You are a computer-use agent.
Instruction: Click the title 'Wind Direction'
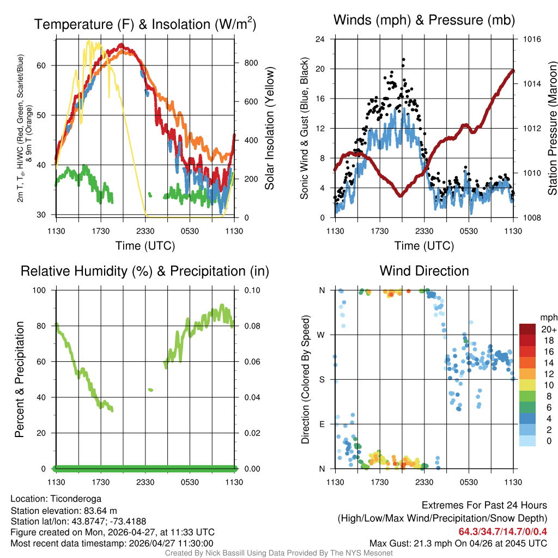coord(424,271)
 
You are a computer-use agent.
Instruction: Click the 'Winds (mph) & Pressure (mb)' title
coord(424,21)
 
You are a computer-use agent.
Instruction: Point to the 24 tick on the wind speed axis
coord(320,39)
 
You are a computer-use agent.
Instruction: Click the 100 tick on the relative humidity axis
coord(43,290)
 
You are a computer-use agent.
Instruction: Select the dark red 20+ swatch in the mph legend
coord(527,329)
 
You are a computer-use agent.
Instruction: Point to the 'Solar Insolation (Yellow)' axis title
coord(270,129)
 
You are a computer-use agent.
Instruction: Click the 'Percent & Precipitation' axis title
coord(20,379)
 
